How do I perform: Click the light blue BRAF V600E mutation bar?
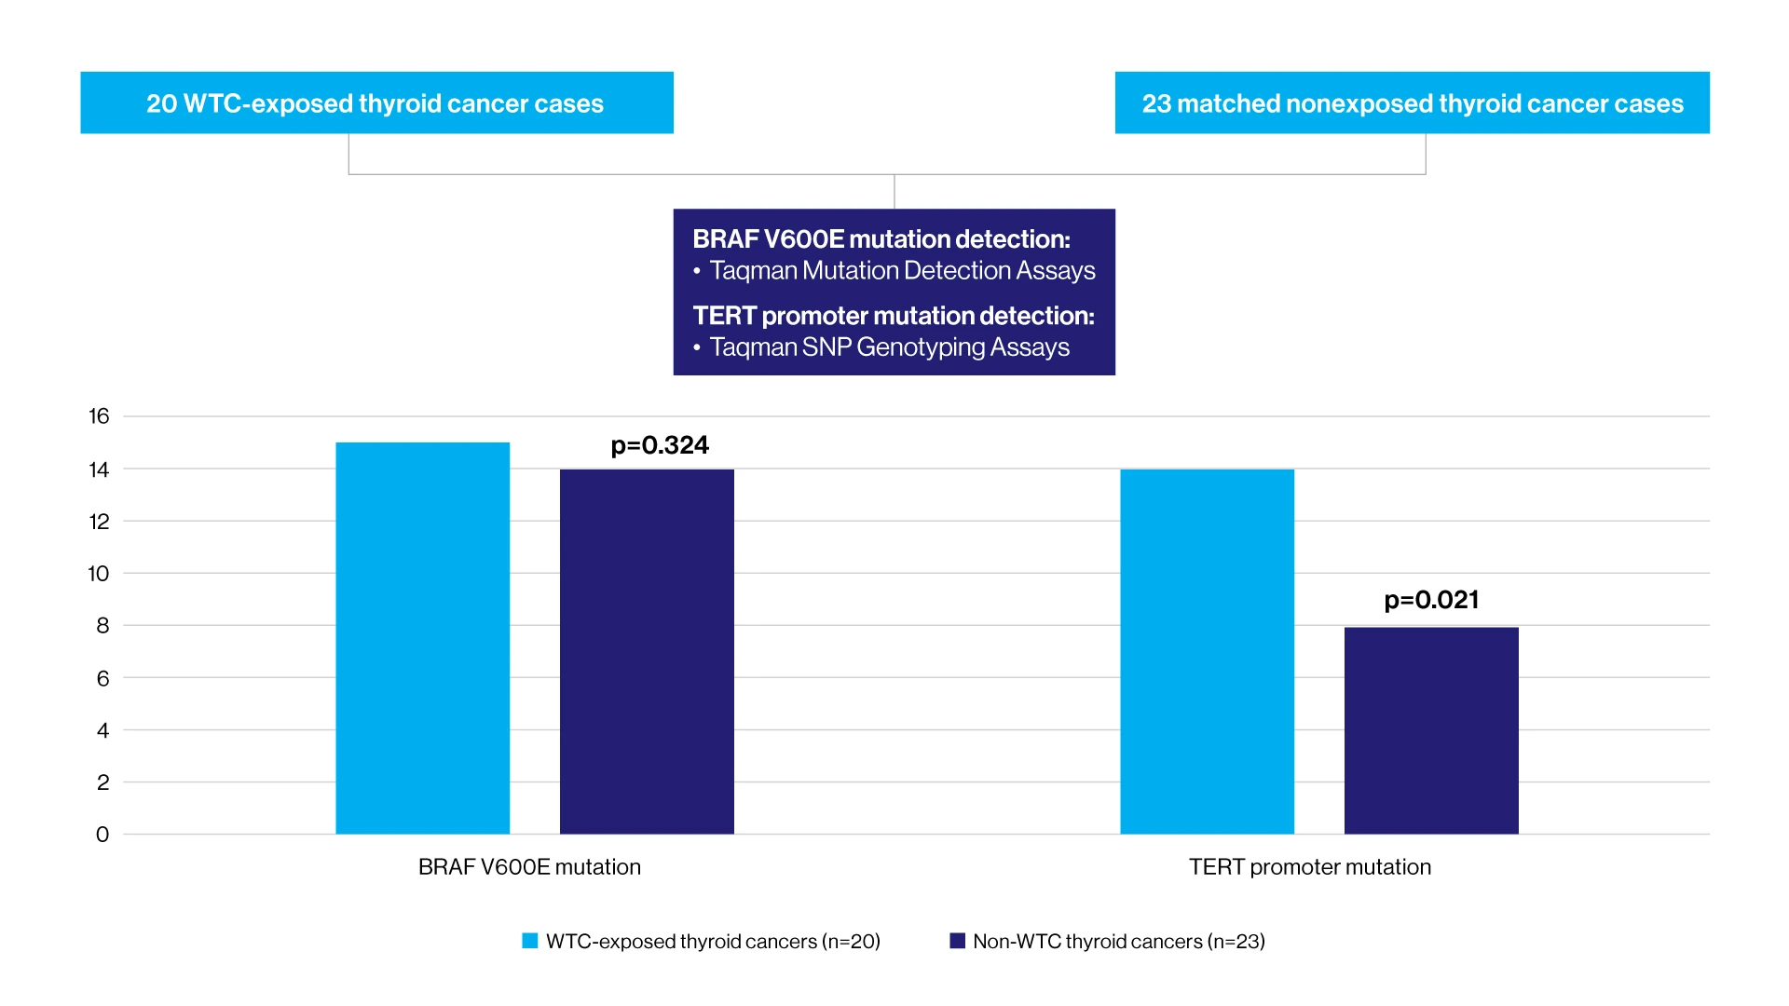point(422,638)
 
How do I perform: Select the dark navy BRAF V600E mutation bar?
point(647,651)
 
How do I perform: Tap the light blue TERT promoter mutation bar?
point(1207,651)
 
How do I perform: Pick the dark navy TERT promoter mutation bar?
point(1431,730)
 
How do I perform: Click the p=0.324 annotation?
point(660,445)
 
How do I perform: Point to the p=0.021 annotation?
point(1431,600)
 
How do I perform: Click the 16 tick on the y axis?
point(99,416)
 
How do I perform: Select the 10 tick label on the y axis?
point(99,574)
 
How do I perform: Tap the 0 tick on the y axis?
point(102,835)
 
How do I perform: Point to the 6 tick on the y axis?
point(102,678)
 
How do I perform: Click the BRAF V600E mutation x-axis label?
point(529,867)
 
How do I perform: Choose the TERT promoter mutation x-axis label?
point(1309,867)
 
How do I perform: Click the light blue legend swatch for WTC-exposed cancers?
point(530,941)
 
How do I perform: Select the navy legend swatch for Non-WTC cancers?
point(957,941)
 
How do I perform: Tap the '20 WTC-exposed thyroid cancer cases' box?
point(376,102)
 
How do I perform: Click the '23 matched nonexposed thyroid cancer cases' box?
point(1412,102)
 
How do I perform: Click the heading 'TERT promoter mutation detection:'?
point(893,316)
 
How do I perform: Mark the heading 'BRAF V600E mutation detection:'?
point(881,239)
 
